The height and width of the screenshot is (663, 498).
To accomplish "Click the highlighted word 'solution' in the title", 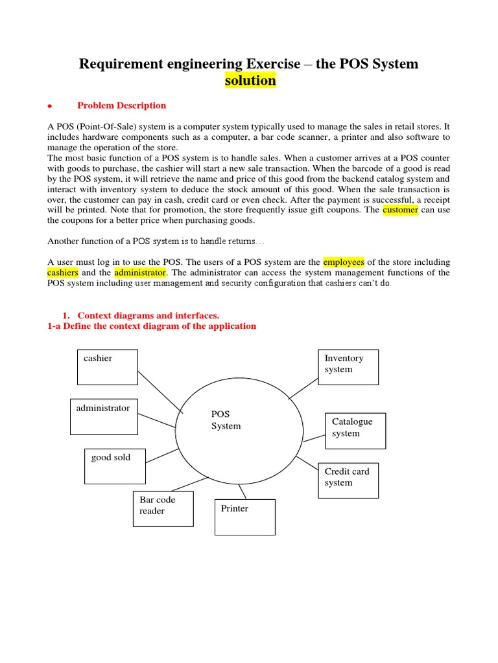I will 250,81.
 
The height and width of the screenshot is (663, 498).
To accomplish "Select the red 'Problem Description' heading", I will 121,106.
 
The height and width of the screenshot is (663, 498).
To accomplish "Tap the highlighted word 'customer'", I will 400,210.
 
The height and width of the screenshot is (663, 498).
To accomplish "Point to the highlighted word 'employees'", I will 344,262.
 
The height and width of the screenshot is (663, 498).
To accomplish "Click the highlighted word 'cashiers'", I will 63,273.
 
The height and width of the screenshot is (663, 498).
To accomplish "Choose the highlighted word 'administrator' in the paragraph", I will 141,273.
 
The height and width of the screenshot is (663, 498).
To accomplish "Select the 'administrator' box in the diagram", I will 104,416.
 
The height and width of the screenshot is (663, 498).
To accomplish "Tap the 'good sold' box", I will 115,466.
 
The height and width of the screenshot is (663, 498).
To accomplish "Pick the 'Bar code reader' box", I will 163,509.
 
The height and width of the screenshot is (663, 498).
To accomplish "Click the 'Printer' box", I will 244,517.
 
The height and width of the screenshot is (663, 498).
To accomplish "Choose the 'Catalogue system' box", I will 355,431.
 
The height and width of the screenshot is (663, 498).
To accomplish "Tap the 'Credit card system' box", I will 348,480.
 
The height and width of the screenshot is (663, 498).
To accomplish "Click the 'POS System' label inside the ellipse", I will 226,420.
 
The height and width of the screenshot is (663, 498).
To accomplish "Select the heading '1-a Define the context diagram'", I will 152,326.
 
